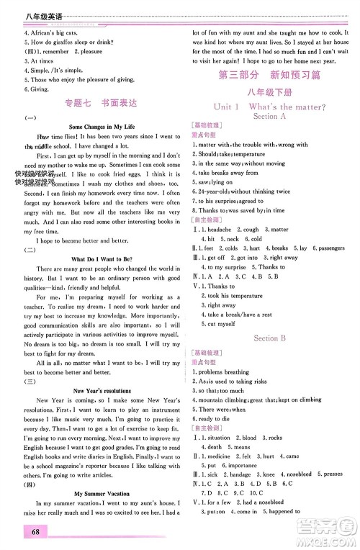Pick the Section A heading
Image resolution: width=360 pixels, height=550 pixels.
tap(270, 116)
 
